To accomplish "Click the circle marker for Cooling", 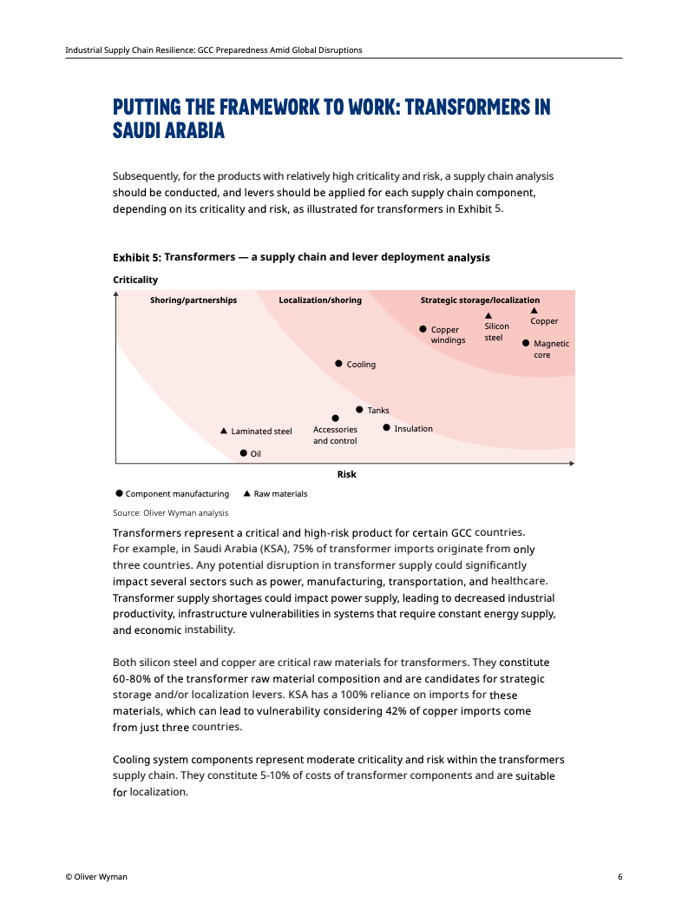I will (x=339, y=364).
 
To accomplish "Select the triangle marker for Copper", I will (x=534, y=310).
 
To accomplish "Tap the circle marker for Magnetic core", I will (x=526, y=343).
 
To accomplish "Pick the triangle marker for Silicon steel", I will (x=488, y=316).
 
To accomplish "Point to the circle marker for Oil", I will (x=244, y=452).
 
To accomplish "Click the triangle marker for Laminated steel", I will (x=224, y=431).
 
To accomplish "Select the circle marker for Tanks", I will (x=359, y=410).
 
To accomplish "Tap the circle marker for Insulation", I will (x=387, y=427).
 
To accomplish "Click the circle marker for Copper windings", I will (x=423, y=329).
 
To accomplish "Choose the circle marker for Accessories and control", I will (x=335, y=419).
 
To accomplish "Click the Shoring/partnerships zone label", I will (x=193, y=300).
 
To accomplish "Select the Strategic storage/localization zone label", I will (x=480, y=300).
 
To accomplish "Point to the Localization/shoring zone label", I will (x=320, y=300).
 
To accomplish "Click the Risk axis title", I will (x=346, y=474).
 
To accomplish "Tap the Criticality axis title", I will (x=135, y=280).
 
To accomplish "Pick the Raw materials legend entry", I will (x=276, y=493).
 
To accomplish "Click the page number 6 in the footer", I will (x=619, y=876).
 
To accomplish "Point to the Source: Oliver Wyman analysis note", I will (x=171, y=512).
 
